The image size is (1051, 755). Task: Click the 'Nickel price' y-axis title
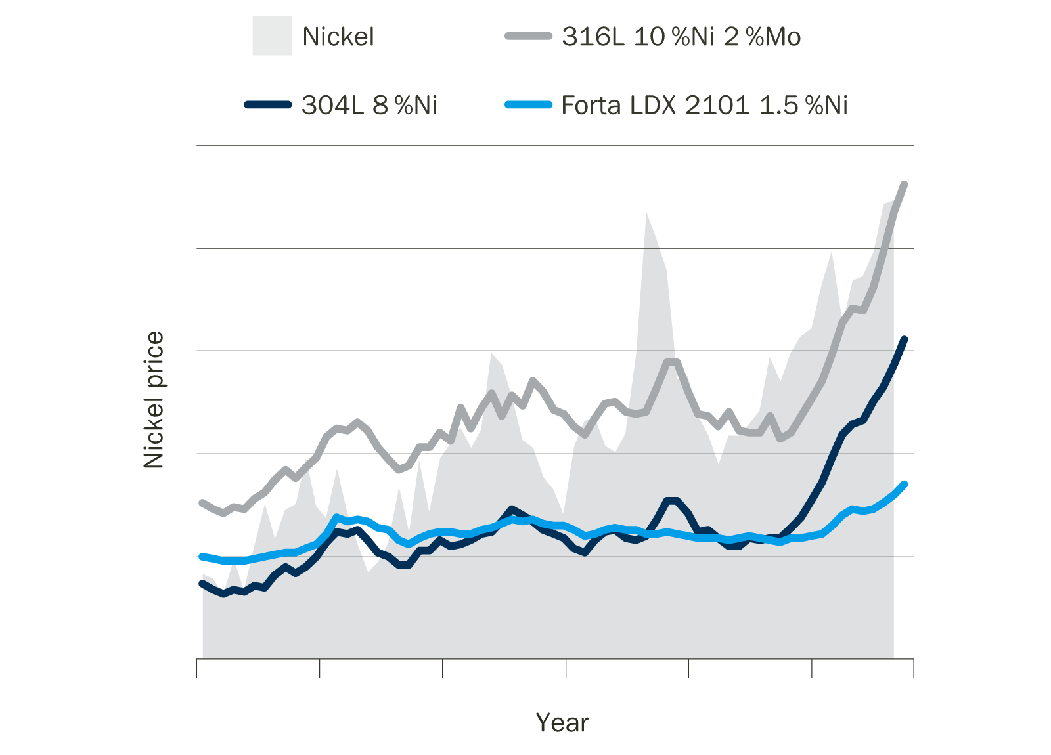[153, 400]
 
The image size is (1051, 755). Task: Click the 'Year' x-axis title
[562, 723]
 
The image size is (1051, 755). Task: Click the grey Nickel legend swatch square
[272, 37]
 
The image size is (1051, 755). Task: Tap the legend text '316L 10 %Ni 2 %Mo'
[681, 37]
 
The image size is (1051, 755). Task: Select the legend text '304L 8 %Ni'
[369, 105]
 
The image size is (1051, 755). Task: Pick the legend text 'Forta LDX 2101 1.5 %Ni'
[704, 105]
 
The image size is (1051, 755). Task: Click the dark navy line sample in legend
[268, 104]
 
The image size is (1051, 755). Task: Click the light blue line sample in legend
[528, 104]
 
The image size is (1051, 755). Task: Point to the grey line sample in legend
[528, 36]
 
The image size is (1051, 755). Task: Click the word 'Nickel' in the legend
[338, 37]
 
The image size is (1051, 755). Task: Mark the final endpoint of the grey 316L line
[905, 184]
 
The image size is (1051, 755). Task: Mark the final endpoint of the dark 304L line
[905, 339]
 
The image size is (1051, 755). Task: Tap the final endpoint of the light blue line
[905, 485]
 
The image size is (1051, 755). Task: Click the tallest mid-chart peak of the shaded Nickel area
[647, 213]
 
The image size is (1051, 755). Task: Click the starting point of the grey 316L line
[202, 502]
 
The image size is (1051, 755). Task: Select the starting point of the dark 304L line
[202, 583]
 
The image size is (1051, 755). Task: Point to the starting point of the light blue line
[202, 556]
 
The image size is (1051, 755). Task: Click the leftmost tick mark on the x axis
[197, 668]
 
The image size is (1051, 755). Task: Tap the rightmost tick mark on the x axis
[914, 668]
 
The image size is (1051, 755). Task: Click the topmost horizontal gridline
[555, 145]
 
